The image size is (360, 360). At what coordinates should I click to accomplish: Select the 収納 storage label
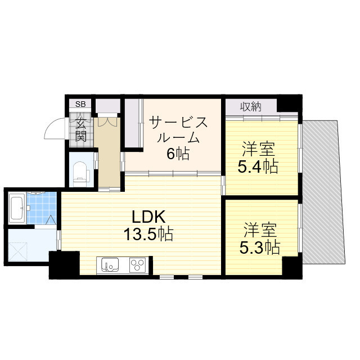251,106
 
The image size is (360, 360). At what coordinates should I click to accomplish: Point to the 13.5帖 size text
148,233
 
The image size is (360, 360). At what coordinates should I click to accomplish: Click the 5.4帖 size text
259,166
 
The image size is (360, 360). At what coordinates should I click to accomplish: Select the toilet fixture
81,171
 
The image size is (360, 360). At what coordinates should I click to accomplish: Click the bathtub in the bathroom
16,208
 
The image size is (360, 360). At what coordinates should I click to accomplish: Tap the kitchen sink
109,264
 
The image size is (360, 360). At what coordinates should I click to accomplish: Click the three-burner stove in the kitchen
137,264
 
